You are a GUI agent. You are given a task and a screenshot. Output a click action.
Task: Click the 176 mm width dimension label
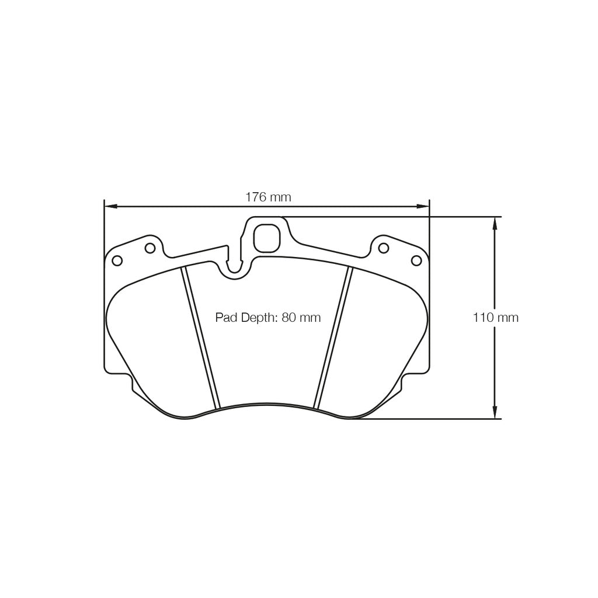(x=268, y=197)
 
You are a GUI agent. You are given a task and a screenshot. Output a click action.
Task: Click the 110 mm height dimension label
(x=495, y=318)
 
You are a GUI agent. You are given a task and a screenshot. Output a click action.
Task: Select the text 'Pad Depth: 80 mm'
(x=268, y=318)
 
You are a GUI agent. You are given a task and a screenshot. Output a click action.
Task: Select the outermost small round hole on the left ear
(x=117, y=260)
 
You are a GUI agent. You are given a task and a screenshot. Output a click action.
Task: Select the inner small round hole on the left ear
(x=150, y=248)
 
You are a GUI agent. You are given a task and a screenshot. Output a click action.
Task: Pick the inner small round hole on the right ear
(x=383, y=248)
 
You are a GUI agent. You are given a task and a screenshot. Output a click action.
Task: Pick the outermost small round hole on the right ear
(x=416, y=260)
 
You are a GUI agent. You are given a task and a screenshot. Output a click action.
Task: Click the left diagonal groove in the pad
(x=200, y=338)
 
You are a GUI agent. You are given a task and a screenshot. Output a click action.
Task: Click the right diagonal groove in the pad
(x=333, y=338)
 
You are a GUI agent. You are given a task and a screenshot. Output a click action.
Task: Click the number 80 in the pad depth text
(x=288, y=318)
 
